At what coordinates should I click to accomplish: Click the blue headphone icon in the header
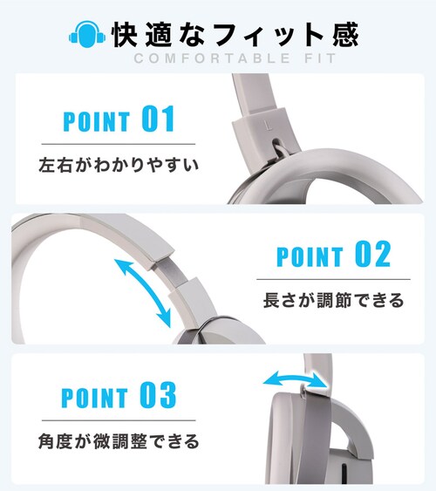(x=87, y=34)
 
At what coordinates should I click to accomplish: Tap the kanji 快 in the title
(x=126, y=34)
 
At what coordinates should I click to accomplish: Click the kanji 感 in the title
(x=345, y=34)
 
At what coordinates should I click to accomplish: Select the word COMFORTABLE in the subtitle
(x=212, y=58)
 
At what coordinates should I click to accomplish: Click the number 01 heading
(x=158, y=119)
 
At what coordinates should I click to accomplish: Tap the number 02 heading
(x=372, y=254)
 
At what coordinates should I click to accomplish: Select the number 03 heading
(x=158, y=395)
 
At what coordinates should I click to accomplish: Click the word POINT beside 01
(x=97, y=121)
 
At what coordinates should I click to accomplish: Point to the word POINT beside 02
(x=310, y=256)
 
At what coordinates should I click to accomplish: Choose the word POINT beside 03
(x=95, y=398)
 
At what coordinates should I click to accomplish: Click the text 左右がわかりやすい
(x=119, y=165)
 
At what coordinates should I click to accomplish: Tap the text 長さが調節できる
(x=334, y=300)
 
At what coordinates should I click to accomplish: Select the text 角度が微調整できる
(x=119, y=441)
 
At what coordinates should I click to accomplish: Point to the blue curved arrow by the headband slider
(x=143, y=293)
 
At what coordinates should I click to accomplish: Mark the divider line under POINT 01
(x=119, y=145)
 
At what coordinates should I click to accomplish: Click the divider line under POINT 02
(x=333, y=279)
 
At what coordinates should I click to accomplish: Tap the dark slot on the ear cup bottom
(x=344, y=470)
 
